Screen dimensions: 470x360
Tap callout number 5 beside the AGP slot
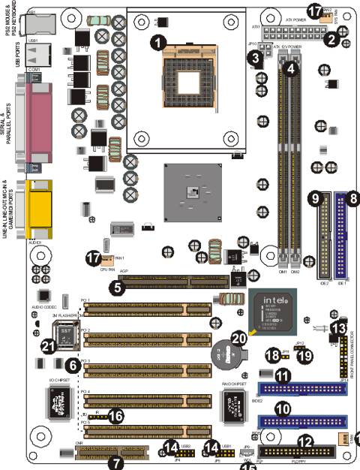tap(117, 286)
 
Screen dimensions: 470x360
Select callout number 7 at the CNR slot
tap(115, 462)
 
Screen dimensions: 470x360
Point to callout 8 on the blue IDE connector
tap(351, 199)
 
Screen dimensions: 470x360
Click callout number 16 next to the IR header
tap(115, 414)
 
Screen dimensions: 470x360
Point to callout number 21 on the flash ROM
tap(49, 345)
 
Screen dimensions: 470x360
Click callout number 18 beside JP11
tap(274, 354)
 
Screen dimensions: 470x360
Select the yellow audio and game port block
tap(38, 203)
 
